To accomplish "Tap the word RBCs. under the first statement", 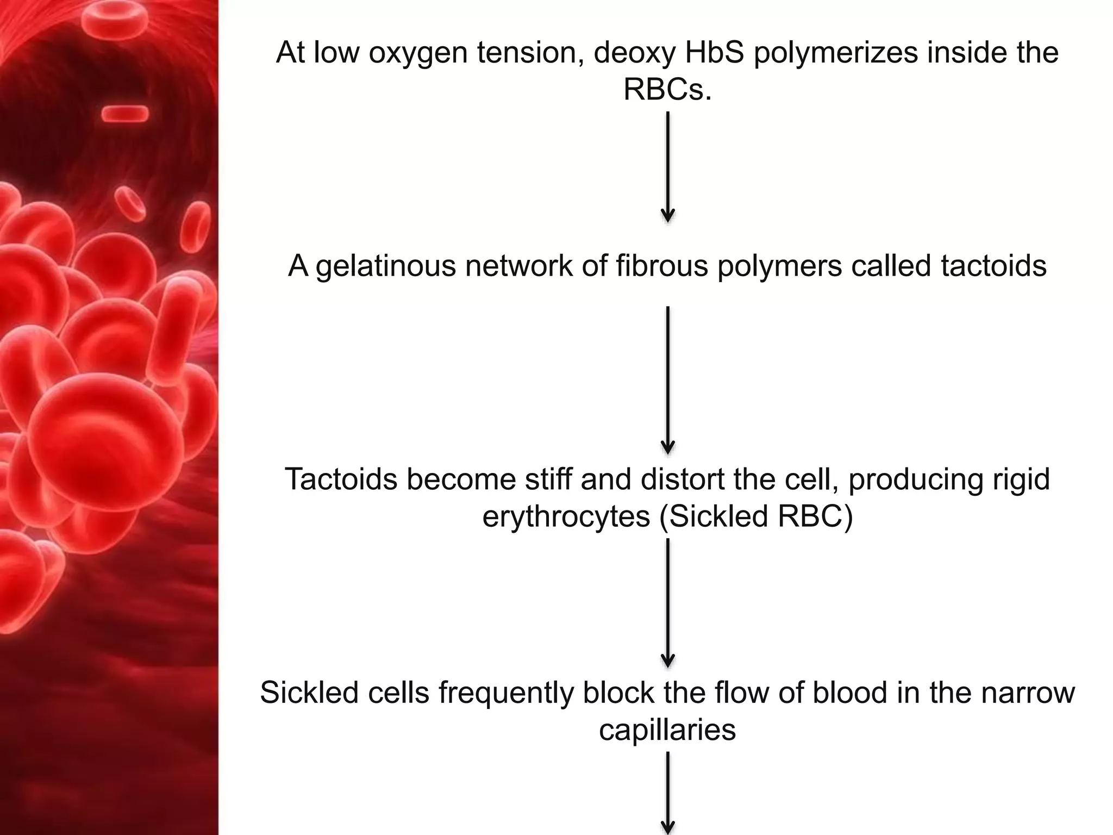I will (667, 90).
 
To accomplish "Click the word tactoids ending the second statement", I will (993, 266).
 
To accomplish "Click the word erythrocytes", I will (566, 516).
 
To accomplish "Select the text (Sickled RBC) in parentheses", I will (756, 516).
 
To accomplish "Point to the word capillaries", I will (667, 730).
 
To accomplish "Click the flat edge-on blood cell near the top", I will (125, 113).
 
